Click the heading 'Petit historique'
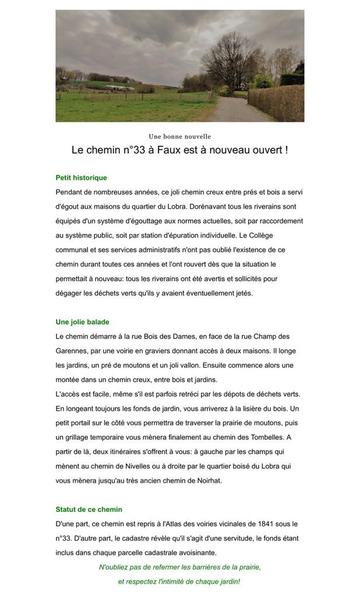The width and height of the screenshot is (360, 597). point(81,178)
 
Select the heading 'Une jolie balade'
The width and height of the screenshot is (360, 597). point(82,322)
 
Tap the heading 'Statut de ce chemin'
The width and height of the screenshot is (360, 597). point(89,510)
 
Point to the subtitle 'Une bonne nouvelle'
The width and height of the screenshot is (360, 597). point(179,136)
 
